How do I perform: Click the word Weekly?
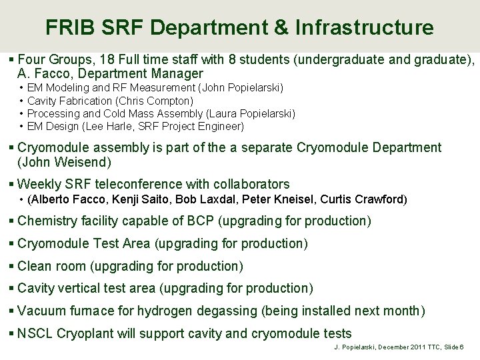(x=39, y=184)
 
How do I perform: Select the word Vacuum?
(x=41, y=311)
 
